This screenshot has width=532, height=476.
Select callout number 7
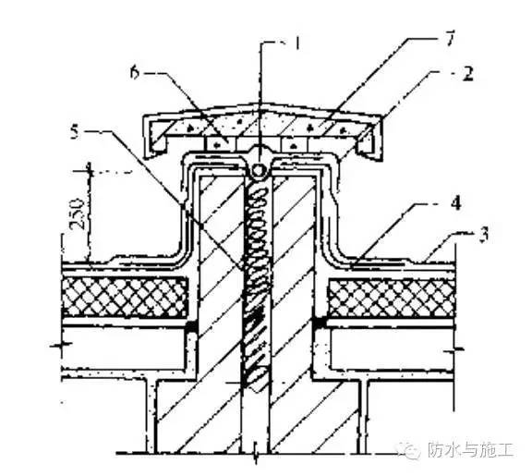click(449, 38)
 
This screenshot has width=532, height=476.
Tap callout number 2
click(467, 73)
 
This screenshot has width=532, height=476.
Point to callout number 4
click(455, 202)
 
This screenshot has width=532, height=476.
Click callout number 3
click(484, 234)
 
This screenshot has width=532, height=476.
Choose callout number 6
click(135, 72)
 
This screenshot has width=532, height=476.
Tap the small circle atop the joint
click(259, 169)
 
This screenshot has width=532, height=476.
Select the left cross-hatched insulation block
click(125, 298)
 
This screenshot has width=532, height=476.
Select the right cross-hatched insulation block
click(391, 298)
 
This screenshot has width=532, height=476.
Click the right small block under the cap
click(295, 144)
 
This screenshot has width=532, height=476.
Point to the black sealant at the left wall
click(191, 326)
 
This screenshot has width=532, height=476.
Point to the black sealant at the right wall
click(319, 323)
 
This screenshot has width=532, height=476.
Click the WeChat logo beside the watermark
click(411, 449)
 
